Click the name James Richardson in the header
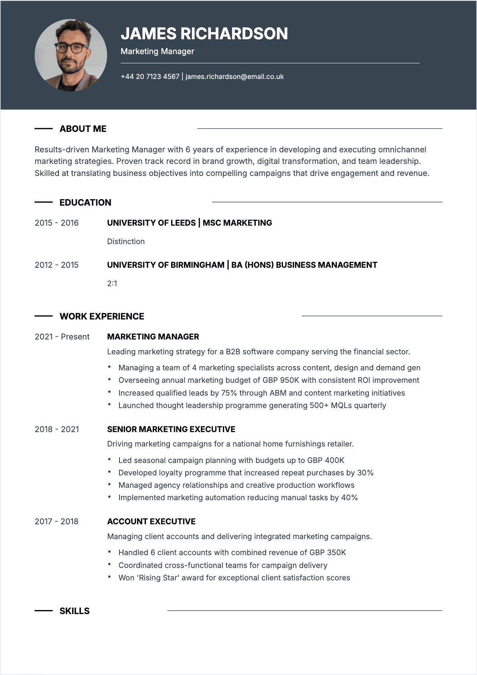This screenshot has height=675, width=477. pos(204,34)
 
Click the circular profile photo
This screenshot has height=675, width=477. pos(71,55)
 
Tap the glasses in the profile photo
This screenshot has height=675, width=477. pos(71,48)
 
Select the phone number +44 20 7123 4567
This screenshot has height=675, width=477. pos(150,77)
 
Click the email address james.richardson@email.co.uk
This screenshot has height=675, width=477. pos(234,77)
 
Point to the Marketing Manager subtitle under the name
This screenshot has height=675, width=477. pos(157,51)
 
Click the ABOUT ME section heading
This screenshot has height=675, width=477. pos(83,129)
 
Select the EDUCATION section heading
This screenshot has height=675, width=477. pos(85,202)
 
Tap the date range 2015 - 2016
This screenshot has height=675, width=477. pos(57,223)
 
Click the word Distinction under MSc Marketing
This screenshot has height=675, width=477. pos(126,241)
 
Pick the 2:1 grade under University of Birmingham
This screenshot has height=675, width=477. pos(112,283)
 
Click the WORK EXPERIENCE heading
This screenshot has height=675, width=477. pos(102,316)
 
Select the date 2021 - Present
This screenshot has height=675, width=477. pos(62,337)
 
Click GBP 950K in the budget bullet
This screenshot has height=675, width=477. pos(281,380)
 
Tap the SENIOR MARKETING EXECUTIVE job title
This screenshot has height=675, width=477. pos(171,429)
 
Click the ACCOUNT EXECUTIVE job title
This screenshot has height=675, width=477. pos(151,521)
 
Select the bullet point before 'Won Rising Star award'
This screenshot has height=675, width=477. pos(109,577)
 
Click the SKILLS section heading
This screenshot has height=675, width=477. pos(75,611)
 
